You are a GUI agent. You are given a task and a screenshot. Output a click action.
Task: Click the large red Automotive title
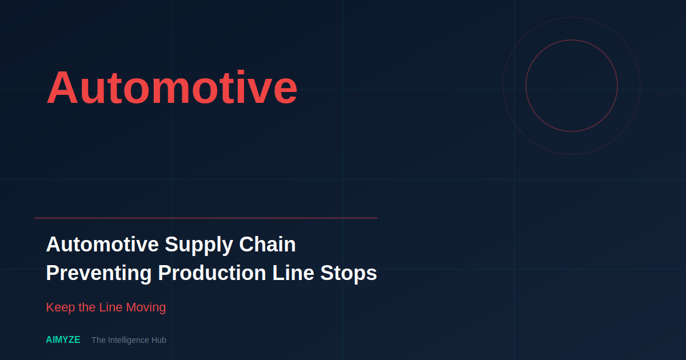[x=171, y=87]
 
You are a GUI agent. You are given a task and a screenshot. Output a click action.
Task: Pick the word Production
[x=212, y=273]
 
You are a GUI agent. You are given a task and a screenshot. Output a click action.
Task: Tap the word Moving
[x=146, y=307]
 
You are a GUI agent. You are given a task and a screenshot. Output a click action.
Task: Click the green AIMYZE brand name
[x=63, y=340]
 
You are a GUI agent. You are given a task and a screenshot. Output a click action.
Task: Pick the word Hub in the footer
[x=158, y=340]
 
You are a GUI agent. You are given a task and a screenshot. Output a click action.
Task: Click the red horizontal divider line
[x=206, y=218]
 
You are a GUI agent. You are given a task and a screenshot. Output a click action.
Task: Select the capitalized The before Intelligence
[x=98, y=340]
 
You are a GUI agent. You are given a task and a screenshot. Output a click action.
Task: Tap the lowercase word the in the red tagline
[x=87, y=307]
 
